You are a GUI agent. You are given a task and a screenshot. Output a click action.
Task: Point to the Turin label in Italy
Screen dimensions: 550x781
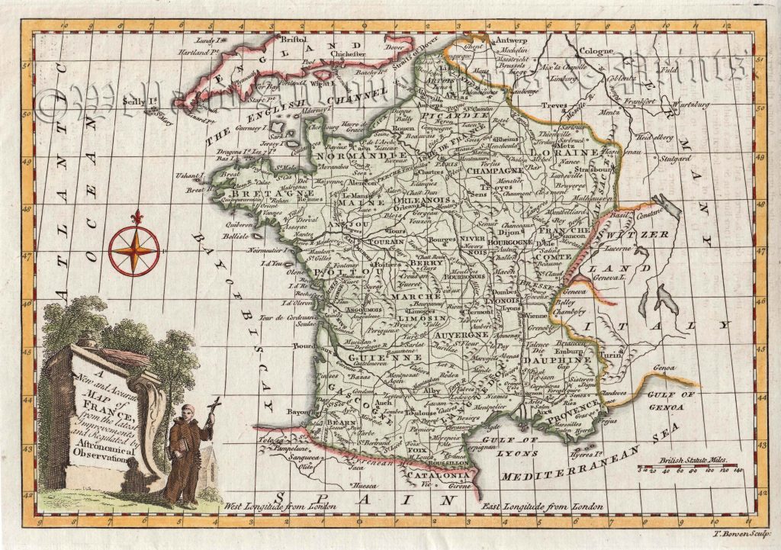(606, 355)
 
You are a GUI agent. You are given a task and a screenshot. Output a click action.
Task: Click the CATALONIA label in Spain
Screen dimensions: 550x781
(431, 474)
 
